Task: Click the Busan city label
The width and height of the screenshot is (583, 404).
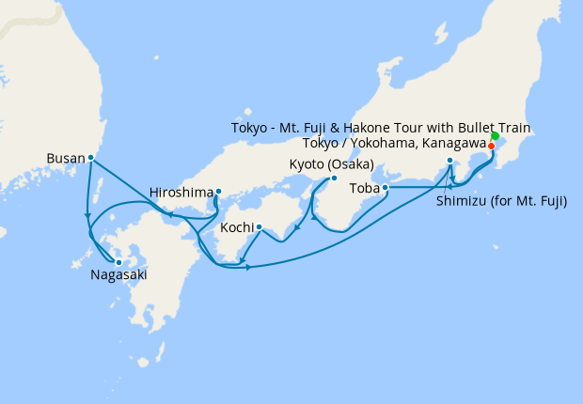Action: (x=65, y=159)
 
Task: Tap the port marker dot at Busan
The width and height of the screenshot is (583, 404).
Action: (x=90, y=158)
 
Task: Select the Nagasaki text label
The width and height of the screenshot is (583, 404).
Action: (x=118, y=275)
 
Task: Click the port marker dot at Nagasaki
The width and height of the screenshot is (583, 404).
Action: (x=118, y=262)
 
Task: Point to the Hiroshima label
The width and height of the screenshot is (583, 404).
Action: (x=181, y=193)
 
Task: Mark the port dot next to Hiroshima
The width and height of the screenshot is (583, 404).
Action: (x=218, y=192)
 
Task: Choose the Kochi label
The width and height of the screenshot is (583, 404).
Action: (x=235, y=227)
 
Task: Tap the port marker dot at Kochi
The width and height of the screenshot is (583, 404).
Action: (x=259, y=226)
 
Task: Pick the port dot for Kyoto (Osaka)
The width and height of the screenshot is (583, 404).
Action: (x=334, y=178)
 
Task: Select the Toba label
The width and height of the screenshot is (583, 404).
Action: (x=364, y=188)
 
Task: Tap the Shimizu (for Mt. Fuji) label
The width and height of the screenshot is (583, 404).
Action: (x=501, y=200)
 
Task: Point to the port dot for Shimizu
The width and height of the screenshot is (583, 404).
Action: (x=450, y=161)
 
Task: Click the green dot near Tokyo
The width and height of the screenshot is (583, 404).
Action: (x=495, y=137)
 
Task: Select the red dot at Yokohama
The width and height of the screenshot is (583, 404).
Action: (x=491, y=146)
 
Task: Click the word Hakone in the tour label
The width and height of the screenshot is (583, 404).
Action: (x=382, y=128)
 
